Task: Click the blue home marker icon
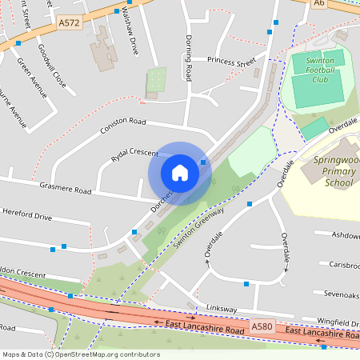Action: click(180, 173)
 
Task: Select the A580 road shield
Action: click(262, 326)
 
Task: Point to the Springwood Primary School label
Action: click(327, 170)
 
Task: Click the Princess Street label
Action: click(230, 61)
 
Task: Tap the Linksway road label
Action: click(222, 308)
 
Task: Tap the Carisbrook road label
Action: click(344, 264)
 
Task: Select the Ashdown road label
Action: click(345, 235)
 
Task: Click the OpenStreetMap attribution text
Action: click(81, 354)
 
